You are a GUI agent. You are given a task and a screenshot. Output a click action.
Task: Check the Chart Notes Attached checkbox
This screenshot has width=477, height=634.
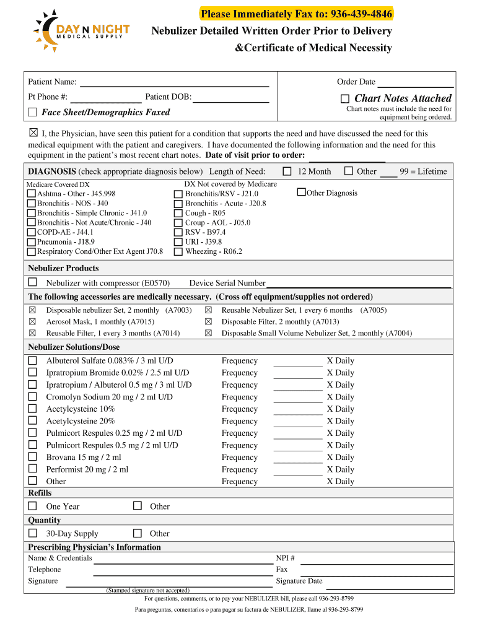[x=345, y=99]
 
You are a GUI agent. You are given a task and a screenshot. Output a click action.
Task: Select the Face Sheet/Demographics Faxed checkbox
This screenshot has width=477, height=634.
[x=32, y=112]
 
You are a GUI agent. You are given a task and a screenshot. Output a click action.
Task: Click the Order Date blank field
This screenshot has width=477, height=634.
[x=416, y=82]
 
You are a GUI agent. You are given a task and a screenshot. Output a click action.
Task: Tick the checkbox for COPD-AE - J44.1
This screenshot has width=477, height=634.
[x=32, y=232]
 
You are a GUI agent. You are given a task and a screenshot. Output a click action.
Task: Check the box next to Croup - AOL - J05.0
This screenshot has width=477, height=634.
[x=178, y=223]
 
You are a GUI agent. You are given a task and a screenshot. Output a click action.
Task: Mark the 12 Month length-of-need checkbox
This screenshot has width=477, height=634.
[x=287, y=172]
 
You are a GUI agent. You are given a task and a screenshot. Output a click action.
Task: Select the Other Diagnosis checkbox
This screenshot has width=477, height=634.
[x=301, y=193]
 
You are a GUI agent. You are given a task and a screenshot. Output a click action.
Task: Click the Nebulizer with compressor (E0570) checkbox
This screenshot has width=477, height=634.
[x=32, y=282]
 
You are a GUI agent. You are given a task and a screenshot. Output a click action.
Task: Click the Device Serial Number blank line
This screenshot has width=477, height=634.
[x=358, y=284]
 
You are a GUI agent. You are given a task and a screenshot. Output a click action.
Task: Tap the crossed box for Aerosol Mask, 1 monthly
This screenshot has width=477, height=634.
[x=32, y=322]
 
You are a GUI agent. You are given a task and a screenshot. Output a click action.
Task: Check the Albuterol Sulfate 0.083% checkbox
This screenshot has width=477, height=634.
[x=32, y=360]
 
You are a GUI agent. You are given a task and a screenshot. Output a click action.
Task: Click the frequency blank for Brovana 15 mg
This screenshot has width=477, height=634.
[x=297, y=458]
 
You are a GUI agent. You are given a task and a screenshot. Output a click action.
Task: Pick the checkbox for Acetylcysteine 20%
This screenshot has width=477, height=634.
[x=32, y=421]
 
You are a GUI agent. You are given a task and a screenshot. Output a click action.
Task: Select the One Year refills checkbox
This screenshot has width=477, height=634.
[x=32, y=506]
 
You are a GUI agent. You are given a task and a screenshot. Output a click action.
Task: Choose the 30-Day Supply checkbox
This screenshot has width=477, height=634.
[x=32, y=533]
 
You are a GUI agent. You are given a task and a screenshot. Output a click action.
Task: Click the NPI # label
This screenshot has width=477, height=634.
[x=285, y=558]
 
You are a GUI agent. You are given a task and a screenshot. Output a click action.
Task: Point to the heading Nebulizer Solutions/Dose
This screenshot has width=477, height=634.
[x=74, y=347]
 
